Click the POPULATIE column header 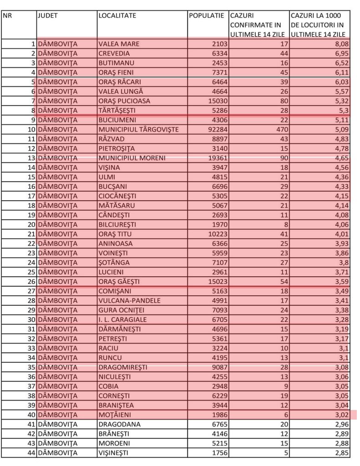tap(206, 15)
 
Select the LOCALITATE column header tap(117, 15)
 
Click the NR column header tap(7, 15)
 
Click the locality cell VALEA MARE tap(119, 44)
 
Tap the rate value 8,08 tap(341, 44)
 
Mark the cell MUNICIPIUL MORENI tap(132, 158)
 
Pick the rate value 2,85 tap(341, 453)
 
